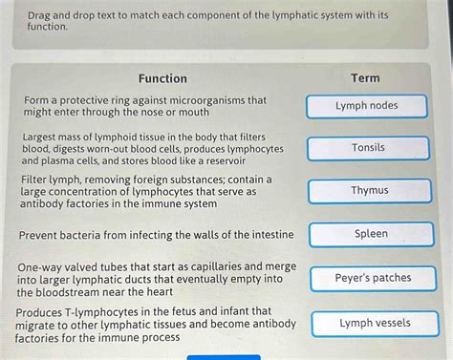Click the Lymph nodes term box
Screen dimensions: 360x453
[366, 106]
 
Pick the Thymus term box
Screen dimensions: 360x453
[368, 191]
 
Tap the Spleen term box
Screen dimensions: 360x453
[370, 234]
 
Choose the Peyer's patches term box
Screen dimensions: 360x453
[372, 279]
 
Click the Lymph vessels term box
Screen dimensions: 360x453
[374, 324]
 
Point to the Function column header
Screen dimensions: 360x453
[162, 78]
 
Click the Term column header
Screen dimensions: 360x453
[365, 78]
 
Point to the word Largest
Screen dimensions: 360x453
[44, 138]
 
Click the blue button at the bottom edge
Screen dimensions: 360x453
[224, 357]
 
